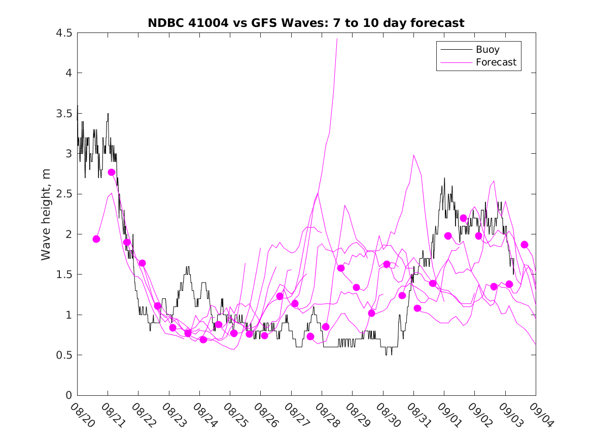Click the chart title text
click(x=306, y=23)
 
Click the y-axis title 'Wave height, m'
click(x=46, y=214)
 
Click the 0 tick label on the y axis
click(x=68, y=395)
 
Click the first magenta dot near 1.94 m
click(x=96, y=239)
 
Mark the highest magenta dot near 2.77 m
click(x=112, y=172)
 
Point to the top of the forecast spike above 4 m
click(x=337, y=39)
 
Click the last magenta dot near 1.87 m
click(x=525, y=245)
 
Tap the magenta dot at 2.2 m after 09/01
click(x=463, y=218)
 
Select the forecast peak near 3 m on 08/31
click(x=414, y=155)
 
